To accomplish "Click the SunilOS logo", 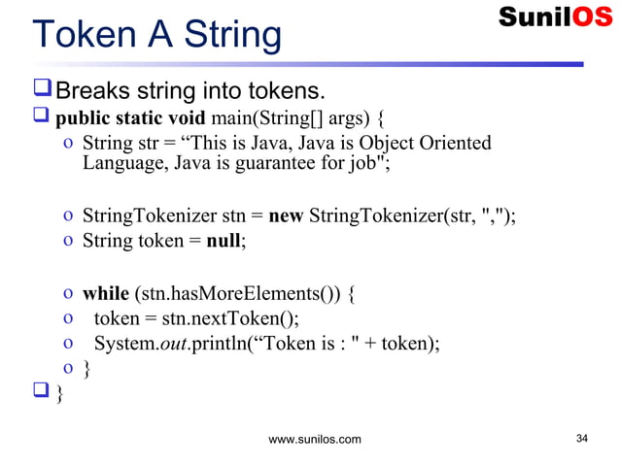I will click(x=555, y=17).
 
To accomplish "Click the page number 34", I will click(x=583, y=439).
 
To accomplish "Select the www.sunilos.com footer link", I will click(x=314, y=440).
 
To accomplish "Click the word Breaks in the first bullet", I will click(x=99, y=93).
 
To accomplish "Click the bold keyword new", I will click(x=286, y=215).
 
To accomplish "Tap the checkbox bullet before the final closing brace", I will click(x=42, y=393).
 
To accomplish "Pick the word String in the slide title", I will click(x=229, y=36).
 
